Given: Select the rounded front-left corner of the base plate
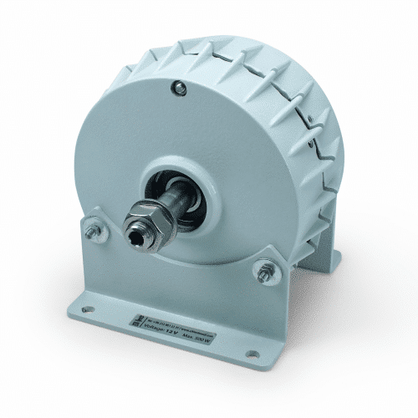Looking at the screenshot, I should [x=73, y=308].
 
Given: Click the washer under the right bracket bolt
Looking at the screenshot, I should [x=266, y=274].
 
